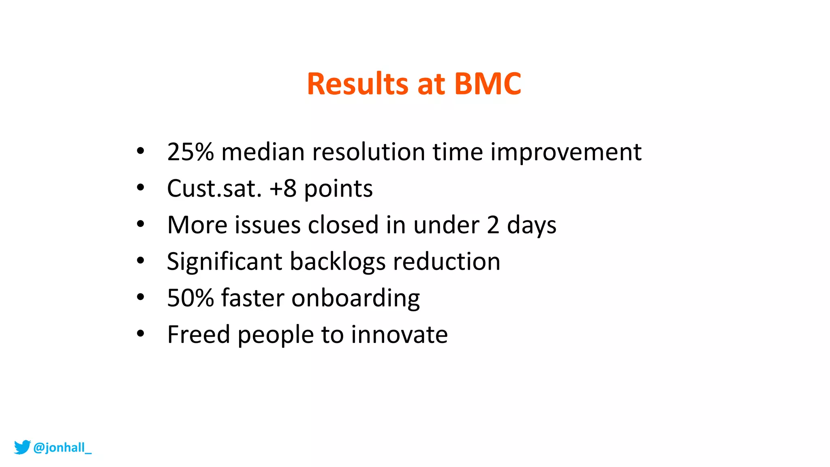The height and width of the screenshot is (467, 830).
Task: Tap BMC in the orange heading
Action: pos(488,84)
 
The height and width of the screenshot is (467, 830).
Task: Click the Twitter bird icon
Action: pos(22,447)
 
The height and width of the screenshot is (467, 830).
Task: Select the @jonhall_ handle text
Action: pos(62,448)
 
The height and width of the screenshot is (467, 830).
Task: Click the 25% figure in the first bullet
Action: pos(190,152)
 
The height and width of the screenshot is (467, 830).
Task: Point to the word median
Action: pos(263,152)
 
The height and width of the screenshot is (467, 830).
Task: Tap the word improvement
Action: pos(566,152)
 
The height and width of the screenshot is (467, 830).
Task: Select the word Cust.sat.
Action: pos(214,189)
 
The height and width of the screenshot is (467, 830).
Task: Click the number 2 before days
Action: pos(493,225)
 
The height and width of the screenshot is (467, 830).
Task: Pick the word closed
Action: pos(343,225)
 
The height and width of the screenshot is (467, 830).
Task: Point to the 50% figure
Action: pos(190,298)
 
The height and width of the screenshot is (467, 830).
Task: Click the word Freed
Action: pos(199,334)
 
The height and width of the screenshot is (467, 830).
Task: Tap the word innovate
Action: pos(399,334)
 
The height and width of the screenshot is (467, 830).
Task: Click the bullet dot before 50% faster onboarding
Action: pos(140,297)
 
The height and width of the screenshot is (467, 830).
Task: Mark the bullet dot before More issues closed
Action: pos(140,224)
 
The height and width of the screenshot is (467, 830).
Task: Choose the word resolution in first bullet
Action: pos(368,152)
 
